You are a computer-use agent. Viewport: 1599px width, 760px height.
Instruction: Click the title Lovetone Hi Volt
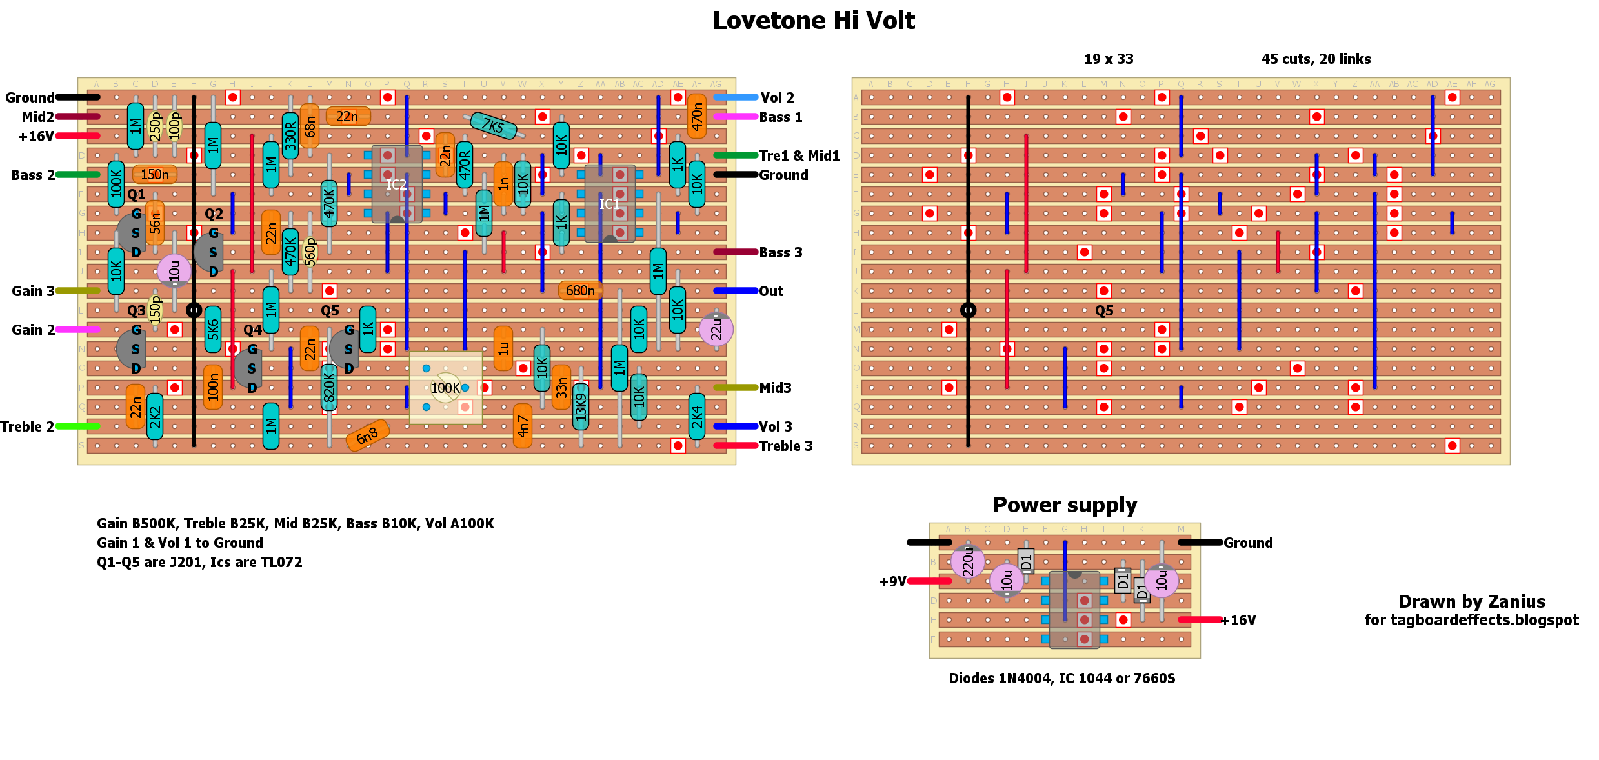814,21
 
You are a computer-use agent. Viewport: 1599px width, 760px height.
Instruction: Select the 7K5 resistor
494,125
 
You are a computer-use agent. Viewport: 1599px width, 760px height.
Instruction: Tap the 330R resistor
290,135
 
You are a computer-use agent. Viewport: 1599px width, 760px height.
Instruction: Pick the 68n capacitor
310,126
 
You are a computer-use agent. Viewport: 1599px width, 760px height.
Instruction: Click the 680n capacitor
580,291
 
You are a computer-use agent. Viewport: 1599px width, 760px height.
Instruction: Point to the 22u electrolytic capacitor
716,330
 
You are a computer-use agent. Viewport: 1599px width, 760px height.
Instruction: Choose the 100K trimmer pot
446,388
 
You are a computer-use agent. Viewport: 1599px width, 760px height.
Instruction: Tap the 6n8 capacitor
367,435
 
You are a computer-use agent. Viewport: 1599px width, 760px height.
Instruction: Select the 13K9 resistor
581,406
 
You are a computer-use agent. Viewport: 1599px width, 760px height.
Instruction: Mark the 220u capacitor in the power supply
968,561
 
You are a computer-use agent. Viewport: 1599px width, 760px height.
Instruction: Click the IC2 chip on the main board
397,185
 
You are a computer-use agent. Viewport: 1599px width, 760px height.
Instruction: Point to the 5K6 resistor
213,330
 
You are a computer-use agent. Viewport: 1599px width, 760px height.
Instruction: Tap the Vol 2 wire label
777,97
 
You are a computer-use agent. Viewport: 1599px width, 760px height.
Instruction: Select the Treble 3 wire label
785,446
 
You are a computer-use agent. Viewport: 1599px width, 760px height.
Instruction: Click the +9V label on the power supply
892,581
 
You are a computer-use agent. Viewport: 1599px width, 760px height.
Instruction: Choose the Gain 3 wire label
33,291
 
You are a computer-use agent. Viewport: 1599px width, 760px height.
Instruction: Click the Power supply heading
1065,505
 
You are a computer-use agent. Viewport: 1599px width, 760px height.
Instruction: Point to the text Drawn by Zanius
1472,601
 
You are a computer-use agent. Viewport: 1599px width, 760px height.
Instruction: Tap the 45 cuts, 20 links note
1316,59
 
